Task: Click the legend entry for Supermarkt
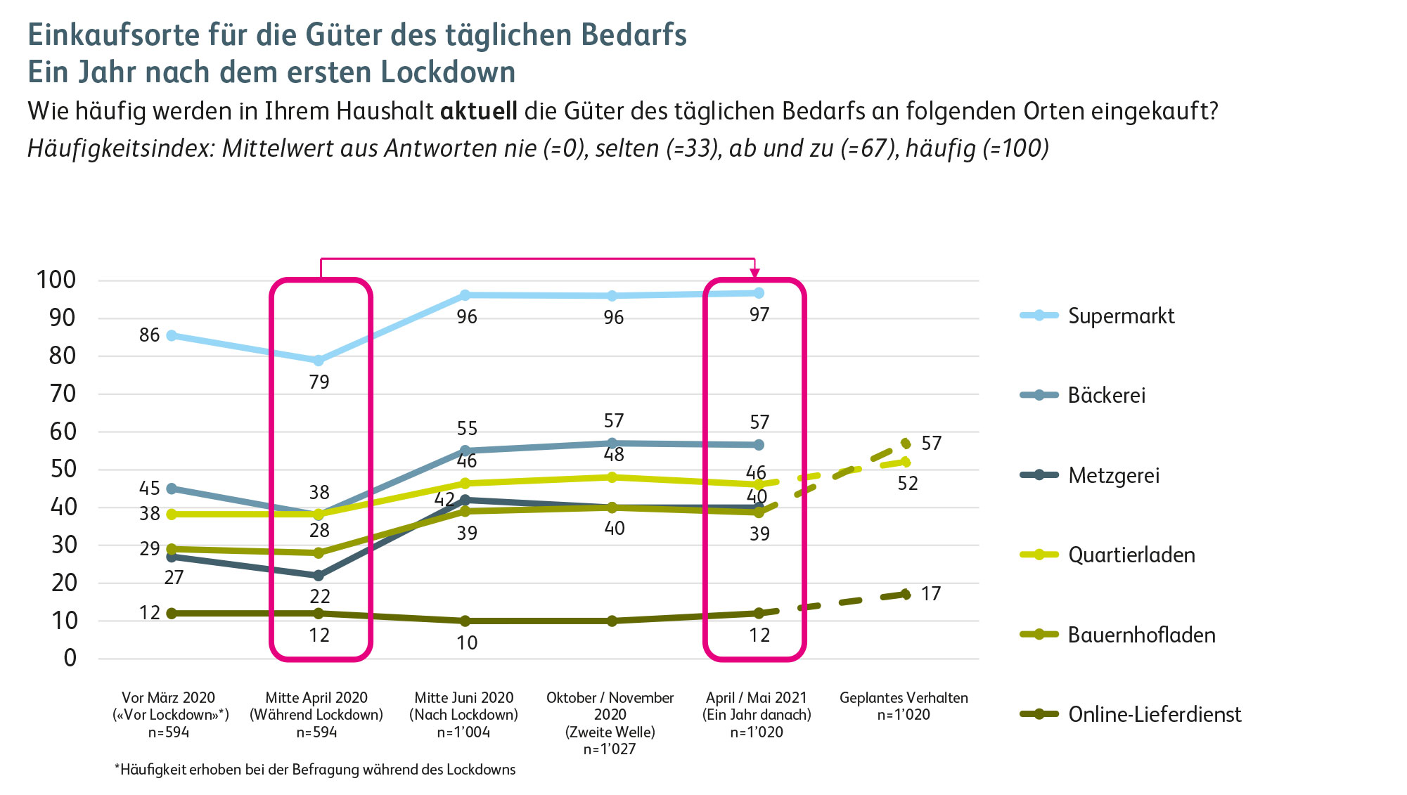(x=1121, y=316)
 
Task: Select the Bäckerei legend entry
(x=1106, y=395)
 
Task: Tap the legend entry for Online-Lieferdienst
(x=1154, y=714)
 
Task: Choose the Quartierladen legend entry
(x=1131, y=555)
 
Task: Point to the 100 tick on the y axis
(x=56, y=280)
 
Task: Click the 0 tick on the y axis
(x=70, y=658)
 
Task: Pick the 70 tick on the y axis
(x=63, y=394)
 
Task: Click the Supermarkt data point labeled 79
(x=319, y=361)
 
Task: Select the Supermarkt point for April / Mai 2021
(x=759, y=292)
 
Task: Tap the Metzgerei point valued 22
(x=319, y=576)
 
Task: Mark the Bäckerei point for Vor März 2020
(x=172, y=489)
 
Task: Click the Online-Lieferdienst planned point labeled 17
(x=906, y=595)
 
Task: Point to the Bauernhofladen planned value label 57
(x=931, y=444)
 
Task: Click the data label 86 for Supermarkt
(x=149, y=335)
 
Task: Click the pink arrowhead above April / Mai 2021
(x=754, y=273)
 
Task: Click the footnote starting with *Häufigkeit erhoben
(x=315, y=770)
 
